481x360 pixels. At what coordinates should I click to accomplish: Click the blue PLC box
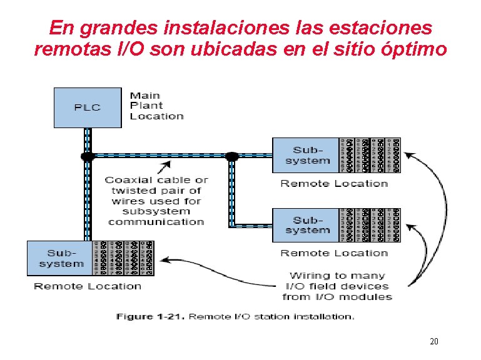coord(87,107)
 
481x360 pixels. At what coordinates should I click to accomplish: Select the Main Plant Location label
coord(156,106)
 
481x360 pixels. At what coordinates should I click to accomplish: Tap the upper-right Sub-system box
coord(307,155)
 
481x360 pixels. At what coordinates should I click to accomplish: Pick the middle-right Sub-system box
coord(307,225)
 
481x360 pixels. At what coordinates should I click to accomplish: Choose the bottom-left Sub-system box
coord(61,258)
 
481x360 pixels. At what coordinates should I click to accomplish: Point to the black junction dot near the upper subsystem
coord(232,155)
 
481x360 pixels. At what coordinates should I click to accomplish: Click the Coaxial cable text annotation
coord(156,201)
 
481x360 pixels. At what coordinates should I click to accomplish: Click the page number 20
coord(433,341)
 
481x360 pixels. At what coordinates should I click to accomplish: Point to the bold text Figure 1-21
coord(149,316)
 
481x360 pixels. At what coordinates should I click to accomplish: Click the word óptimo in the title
coord(414,49)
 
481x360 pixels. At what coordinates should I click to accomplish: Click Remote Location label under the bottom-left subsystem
coord(88,286)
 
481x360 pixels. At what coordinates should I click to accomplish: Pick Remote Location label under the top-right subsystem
coord(334,183)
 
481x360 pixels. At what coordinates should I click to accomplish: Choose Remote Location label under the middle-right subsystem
coord(334,253)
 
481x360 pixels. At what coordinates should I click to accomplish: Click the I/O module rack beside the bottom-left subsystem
coord(123,258)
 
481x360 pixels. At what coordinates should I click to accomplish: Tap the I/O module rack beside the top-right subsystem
coord(369,155)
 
